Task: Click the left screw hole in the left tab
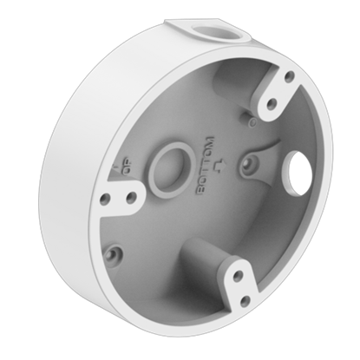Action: tap(105, 199)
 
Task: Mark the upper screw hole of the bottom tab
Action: tap(237, 278)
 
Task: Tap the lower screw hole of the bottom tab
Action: tap(245, 301)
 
